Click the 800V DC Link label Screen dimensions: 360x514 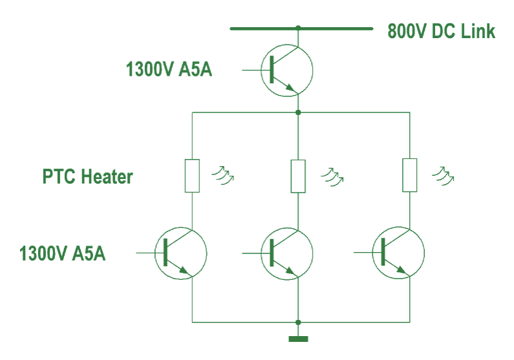(x=442, y=31)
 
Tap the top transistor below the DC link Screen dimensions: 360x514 (x=287, y=70)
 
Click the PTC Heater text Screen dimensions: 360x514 (x=88, y=176)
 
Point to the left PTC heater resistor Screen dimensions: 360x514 (x=193, y=176)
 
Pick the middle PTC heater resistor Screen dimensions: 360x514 (x=297, y=176)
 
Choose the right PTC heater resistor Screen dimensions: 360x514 (x=410, y=175)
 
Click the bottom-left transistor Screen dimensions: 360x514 (x=181, y=253)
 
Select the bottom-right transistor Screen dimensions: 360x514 (x=399, y=253)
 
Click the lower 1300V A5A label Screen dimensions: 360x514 (x=63, y=253)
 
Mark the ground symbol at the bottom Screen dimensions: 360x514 (x=298, y=337)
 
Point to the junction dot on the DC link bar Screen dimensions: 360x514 (x=298, y=28)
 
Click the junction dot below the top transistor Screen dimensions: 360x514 (x=298, y=112)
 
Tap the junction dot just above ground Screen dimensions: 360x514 (x=298, y=322)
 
